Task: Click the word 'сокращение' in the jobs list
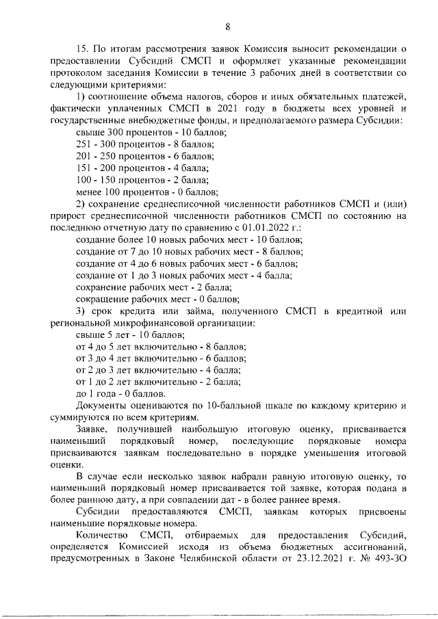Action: (x=101, y=299)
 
